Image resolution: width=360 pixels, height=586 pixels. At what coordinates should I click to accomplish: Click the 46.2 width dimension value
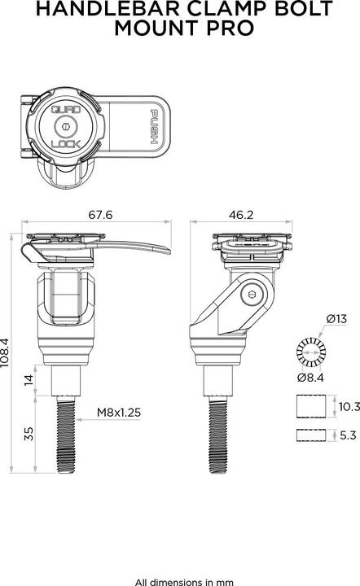click(240, 215)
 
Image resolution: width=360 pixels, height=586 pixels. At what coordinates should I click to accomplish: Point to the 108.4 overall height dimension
click(7, 365)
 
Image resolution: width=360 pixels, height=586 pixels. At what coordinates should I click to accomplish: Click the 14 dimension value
click(29, 379)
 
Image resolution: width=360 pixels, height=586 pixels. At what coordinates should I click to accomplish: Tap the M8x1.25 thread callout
click(119, 413)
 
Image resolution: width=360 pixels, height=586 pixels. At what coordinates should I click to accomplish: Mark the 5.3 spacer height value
click(349, 435)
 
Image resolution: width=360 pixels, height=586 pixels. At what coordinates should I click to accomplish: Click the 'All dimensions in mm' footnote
click(183, 582)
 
